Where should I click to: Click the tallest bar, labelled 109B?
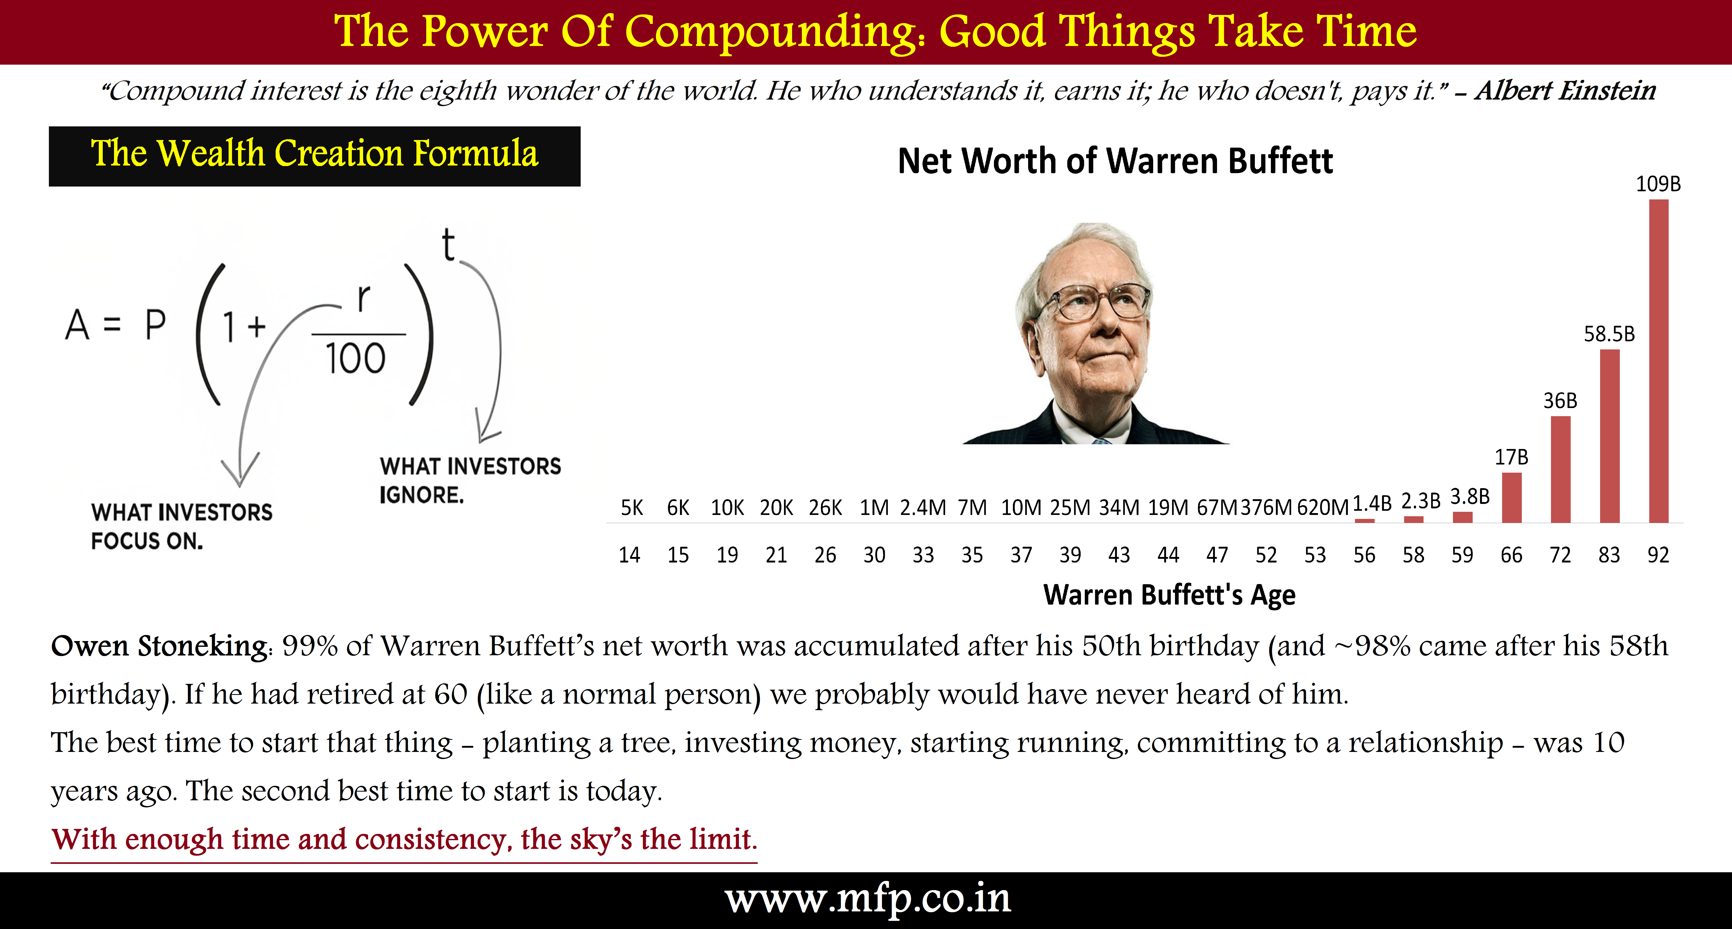(1659, 361)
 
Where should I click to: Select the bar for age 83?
(1610, 436)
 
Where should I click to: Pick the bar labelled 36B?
(1560, 469)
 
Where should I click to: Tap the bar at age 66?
(1512, 497)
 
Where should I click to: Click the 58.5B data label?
(1609, 334)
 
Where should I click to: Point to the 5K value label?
(631, 508)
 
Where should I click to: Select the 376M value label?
(1266, 508)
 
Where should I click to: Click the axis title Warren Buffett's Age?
(1169, 595)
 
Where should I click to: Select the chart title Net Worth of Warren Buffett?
(1115, 161)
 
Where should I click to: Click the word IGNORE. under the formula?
(421, 495)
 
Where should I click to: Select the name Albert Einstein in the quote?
(1565, 90)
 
